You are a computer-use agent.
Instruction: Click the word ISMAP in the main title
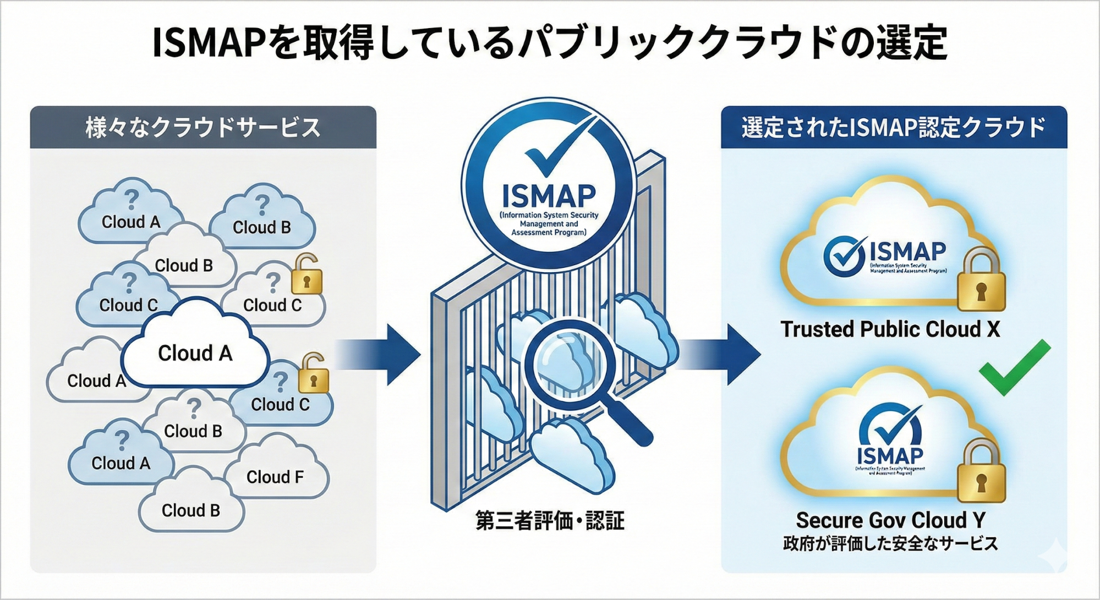(x=209, y=43)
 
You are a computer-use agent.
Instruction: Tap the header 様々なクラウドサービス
(x=203, y=128)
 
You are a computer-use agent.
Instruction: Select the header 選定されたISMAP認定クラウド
(x=893, y=128)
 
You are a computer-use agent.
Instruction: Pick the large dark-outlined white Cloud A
(x=195, y=352)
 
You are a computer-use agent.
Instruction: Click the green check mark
(x=1014, y=367)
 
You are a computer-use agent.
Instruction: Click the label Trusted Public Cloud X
(x=890, y=329)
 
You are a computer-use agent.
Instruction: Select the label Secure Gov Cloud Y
(x=890, y=520)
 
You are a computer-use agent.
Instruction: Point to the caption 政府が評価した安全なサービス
(x=890, y=544)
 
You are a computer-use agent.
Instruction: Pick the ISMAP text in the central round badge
(x=549, y=195)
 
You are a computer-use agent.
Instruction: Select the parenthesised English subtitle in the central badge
(x=549, y=224)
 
